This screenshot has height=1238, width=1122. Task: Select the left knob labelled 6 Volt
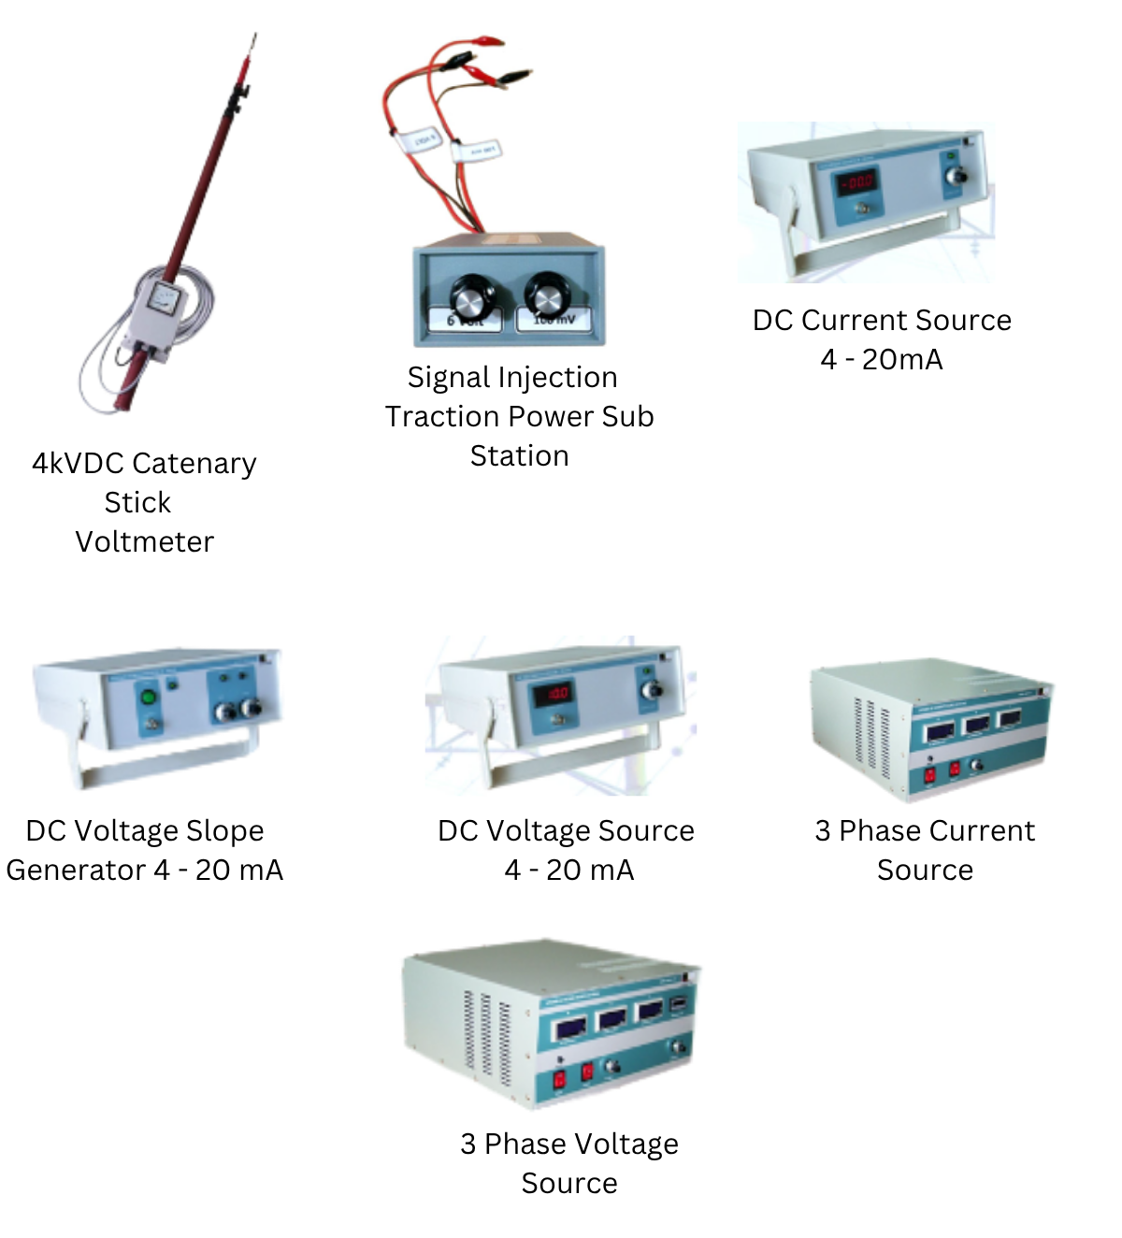click(x=473, y=296)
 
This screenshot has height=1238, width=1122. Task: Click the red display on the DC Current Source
click(x=856, y=181)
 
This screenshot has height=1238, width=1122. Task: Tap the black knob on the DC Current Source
click(x=956, y=177)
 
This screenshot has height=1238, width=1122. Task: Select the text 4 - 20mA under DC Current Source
click(x=882, y=360)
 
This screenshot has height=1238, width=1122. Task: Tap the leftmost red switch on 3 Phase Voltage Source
click(x=559, y=1079)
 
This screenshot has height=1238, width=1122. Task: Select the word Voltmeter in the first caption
click(x=145, y=542)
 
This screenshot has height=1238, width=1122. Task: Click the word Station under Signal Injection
click(x=519, y=456)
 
